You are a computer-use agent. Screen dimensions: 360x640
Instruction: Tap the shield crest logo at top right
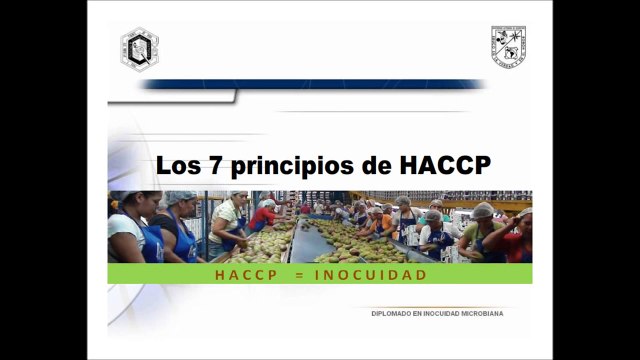click(x=509, y=45)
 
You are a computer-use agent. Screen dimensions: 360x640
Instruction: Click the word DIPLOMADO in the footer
click(x=391, y=313)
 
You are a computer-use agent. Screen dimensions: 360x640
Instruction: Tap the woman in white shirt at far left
click(x=127, y=230)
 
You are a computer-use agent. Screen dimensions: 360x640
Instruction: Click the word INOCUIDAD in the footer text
click(x=439, y=313)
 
